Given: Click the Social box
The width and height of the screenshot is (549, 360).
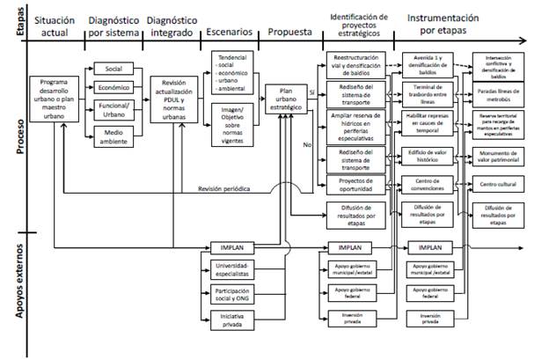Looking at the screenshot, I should [113, 70].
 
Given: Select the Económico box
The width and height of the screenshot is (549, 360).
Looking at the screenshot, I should [113, 89].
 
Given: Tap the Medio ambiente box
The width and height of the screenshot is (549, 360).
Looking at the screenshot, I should [113, 136].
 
